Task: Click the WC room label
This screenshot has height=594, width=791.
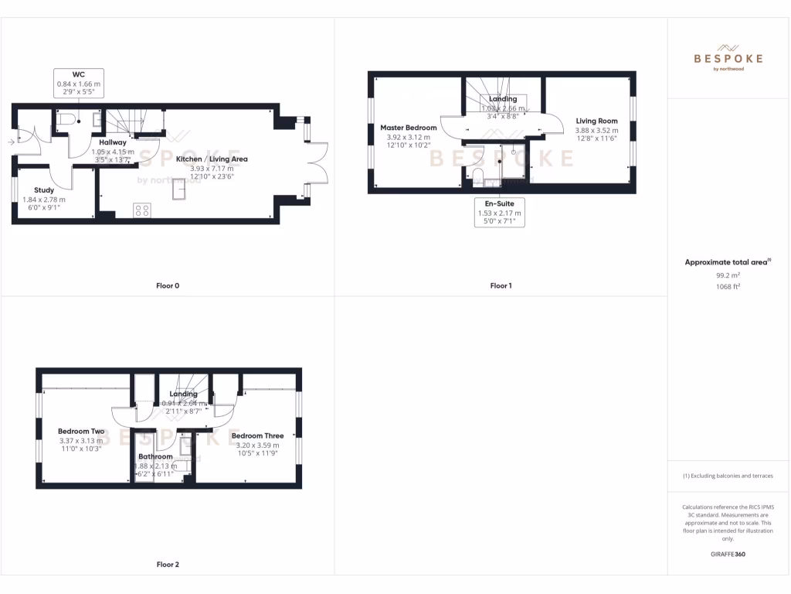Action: click(78, 74)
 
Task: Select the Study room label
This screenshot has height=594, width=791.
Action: click(44, 189)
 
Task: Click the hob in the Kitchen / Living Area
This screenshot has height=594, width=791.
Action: click(142, 209)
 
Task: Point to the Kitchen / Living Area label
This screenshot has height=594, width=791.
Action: click(212, 159)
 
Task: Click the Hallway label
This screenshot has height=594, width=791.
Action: click(113, 142)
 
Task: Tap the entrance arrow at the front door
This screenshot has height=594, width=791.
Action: click(9, 142)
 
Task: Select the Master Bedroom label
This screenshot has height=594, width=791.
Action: click(408, 128)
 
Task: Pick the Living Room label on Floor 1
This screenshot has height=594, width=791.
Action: click(596, 121)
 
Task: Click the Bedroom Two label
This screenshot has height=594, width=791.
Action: click(81, 432)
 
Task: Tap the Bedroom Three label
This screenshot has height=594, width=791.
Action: click(257, 435)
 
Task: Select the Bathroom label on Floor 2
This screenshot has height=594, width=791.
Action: click(155, 456)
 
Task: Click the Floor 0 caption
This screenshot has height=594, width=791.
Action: click(168, 286)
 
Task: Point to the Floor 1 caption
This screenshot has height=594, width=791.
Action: click(501, 286)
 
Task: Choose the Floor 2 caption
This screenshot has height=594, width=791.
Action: click(168, 565)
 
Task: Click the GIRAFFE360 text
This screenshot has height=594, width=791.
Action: click(728, 555)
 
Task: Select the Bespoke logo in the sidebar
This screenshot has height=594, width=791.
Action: click(728, 57)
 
